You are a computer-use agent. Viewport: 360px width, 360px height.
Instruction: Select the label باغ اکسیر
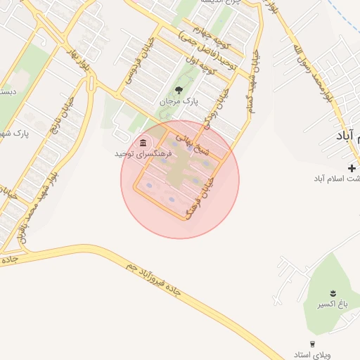click(332, 304)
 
